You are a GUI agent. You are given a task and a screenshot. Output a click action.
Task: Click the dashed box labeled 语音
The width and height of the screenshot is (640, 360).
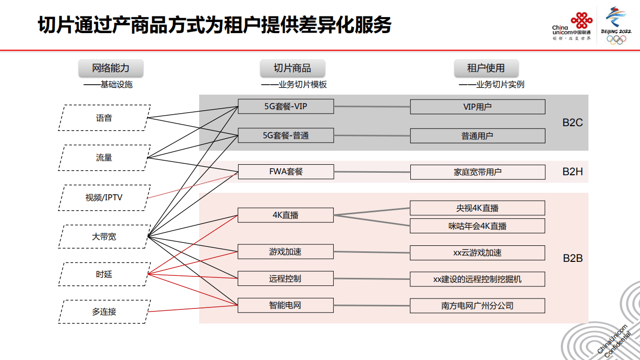coord(104,118)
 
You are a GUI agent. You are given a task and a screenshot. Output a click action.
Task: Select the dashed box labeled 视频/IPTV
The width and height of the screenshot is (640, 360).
coord(104,198)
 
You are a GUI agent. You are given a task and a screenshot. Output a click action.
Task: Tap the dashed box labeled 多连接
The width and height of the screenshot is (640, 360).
coord(104,311)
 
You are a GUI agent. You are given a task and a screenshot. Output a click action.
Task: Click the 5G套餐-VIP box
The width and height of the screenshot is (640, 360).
coord(285,106)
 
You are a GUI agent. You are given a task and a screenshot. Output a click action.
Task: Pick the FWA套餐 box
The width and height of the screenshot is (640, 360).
coord(285,172)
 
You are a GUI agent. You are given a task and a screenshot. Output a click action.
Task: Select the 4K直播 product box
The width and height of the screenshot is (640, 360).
coord(285,215)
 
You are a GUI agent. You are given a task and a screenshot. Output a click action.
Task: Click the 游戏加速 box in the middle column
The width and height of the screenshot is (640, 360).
coord(285,252)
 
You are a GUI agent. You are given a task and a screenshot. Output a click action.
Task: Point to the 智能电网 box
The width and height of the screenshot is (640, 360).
coord(285,305)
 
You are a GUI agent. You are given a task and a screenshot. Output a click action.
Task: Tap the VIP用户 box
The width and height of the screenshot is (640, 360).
coord(477,107)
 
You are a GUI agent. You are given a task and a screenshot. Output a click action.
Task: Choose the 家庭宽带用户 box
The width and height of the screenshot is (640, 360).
coord(477,172)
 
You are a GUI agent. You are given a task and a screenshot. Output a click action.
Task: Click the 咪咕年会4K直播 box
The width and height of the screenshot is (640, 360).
coord(477,226)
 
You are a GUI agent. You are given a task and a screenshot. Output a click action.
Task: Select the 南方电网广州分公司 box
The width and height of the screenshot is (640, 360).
coord(477,305)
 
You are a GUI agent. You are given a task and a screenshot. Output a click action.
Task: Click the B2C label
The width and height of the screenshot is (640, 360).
coord(572,123)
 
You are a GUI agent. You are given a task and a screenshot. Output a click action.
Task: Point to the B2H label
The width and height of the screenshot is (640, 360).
coord(572,172)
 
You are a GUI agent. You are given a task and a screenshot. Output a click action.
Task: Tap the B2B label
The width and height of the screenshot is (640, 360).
coord(572,258)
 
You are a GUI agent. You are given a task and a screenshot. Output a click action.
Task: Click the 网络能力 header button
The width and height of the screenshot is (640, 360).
coord(111,68)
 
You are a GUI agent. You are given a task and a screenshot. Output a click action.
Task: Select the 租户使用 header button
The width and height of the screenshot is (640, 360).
coord(486,68)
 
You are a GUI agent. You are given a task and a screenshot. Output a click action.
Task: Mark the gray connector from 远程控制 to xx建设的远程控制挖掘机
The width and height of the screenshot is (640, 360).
coord(372,279)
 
